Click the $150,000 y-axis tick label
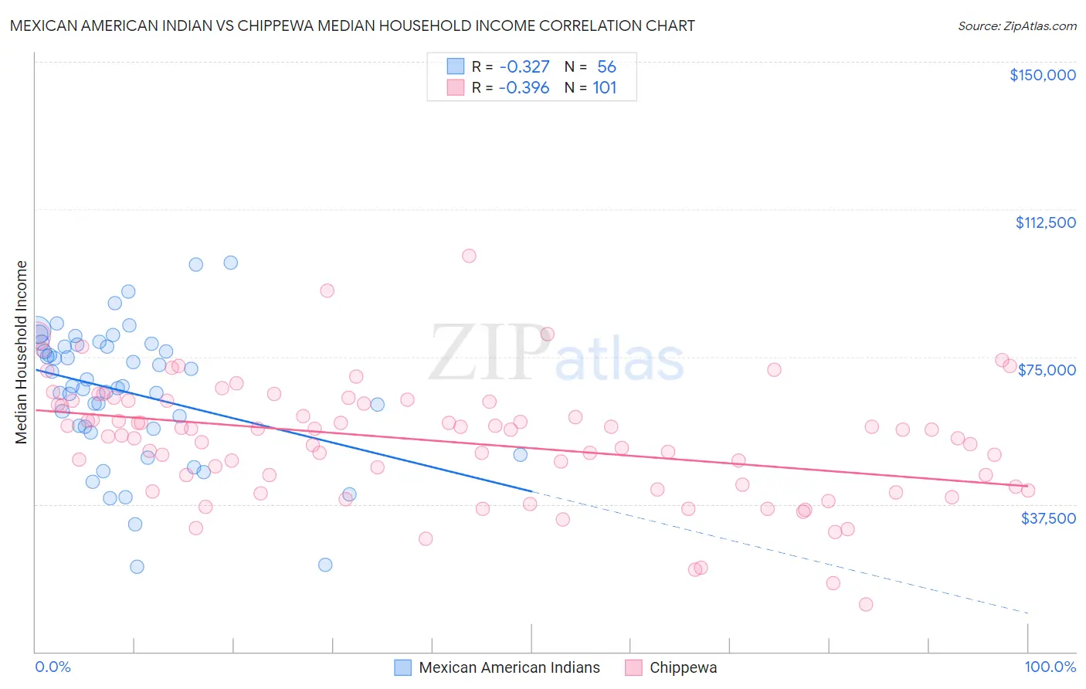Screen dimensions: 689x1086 (1042, 75)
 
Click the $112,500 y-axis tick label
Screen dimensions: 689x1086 (1045, 222)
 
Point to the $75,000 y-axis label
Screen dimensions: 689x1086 (1047, 370)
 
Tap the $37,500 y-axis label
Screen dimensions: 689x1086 (1048, 518)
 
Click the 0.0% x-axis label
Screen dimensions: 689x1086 (53, 667)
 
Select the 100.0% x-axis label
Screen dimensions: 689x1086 (1050, 667)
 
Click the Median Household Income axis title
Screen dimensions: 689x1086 (21, 352)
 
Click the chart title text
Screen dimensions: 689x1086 (352, 25)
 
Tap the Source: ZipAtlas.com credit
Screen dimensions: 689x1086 (1016, 25)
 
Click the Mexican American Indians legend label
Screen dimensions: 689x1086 (509, 667)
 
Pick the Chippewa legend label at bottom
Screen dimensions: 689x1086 (683, 667)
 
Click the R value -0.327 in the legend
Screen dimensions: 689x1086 (524, 67)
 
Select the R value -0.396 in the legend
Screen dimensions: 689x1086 (524, 88)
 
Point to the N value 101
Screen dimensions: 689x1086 (604, 88)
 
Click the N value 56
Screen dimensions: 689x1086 (606, 67)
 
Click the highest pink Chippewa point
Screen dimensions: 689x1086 (469, 256)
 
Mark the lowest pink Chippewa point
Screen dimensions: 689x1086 (866, 604)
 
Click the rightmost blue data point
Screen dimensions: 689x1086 (521, 455)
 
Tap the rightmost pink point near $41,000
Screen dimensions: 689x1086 (1027, 490)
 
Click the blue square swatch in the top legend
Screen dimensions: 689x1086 (456, 67)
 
